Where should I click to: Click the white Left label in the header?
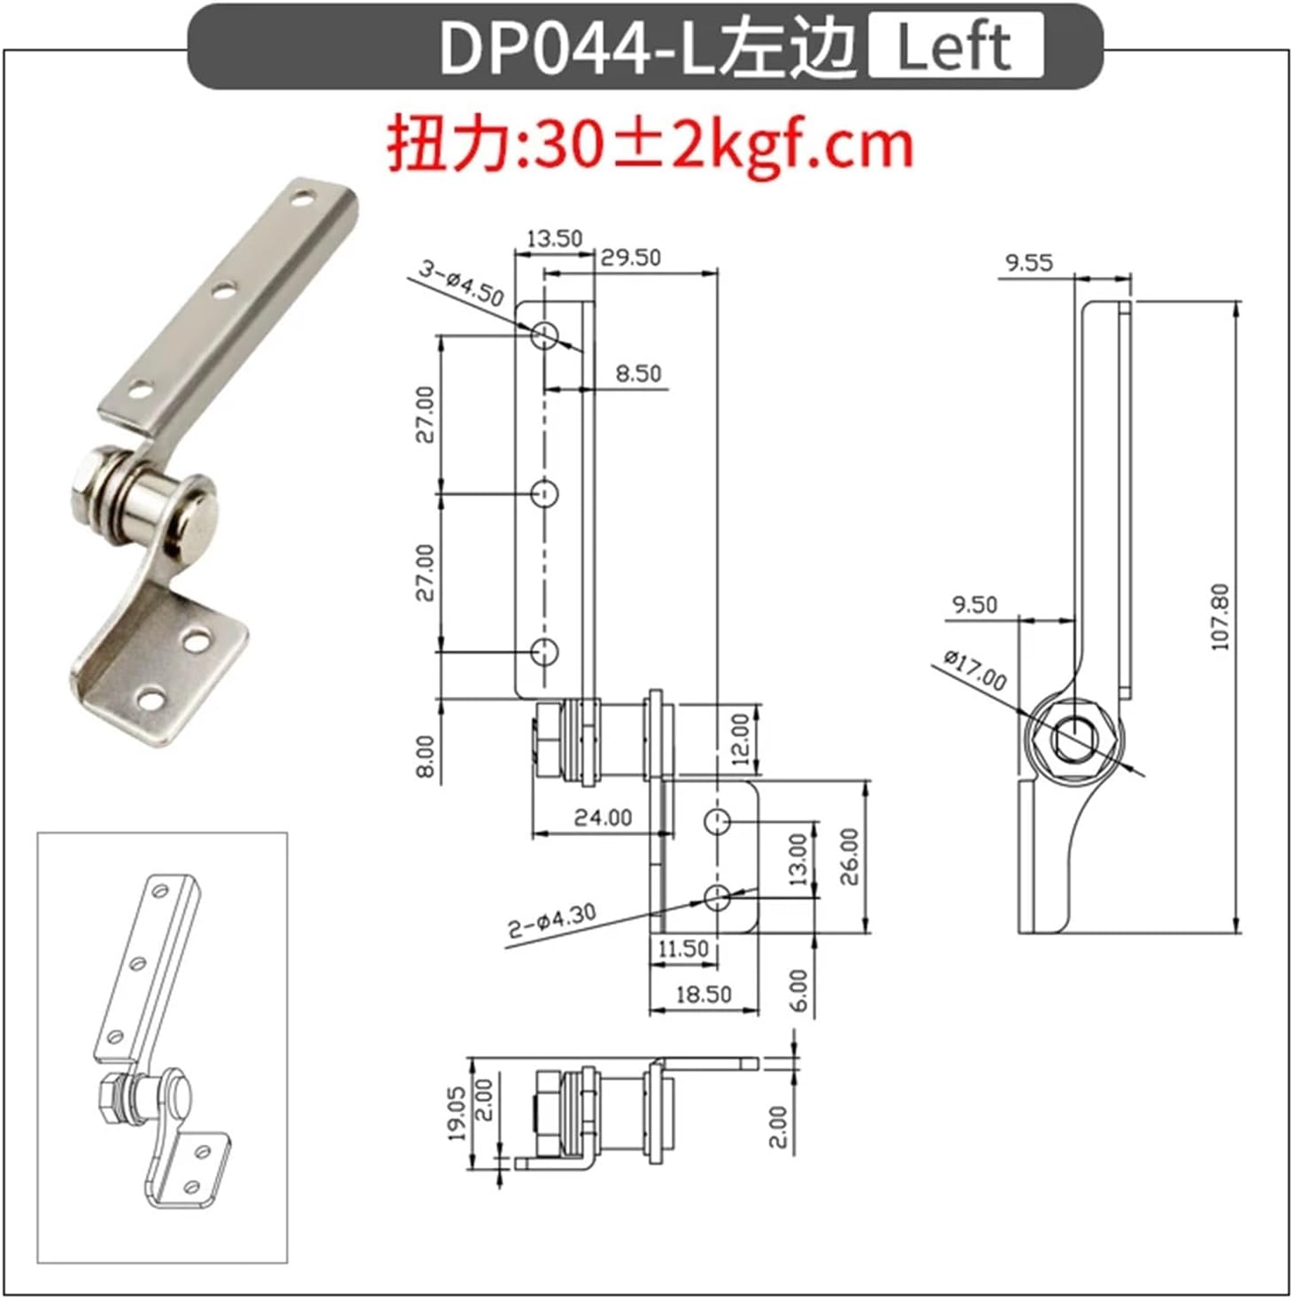point(955,48)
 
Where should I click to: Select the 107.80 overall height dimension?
point(1220,617)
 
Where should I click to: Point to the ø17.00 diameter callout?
point(974,669)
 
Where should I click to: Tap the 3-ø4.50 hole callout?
point(460,282)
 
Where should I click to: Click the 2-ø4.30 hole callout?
point(551,921)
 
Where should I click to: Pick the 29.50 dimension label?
point(630,257)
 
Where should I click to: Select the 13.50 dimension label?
point(554,238)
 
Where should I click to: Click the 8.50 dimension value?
point(638,374)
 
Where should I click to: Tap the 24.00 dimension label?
point(603,817)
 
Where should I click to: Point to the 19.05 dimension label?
point(456,1113)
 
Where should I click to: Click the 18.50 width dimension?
point(704,994)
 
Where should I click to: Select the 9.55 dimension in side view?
point(1029,262)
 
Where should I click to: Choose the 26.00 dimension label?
point(849,856)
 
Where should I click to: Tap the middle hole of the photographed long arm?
point(225,289)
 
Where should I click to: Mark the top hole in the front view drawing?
point(545,336)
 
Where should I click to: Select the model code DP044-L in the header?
point(575,48)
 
